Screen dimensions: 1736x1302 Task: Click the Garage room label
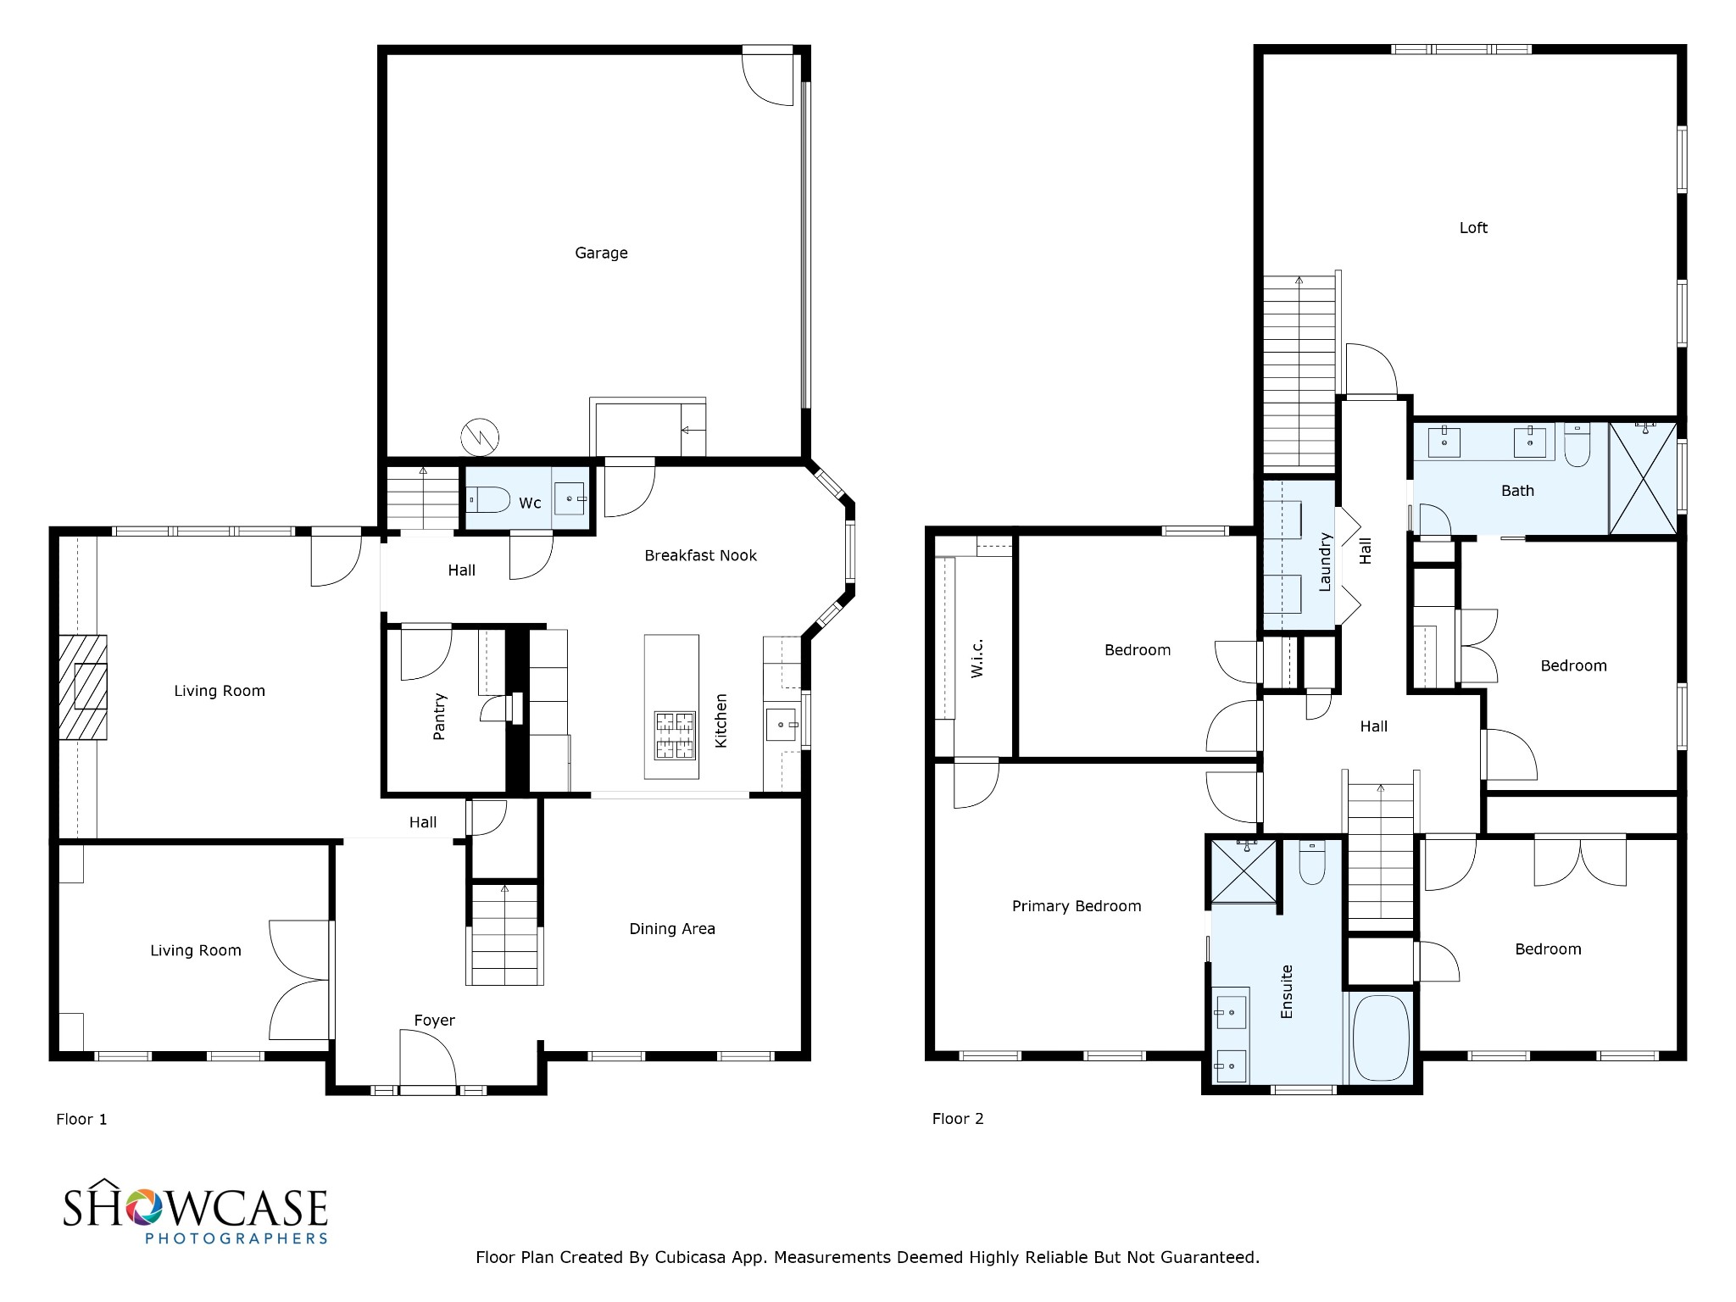click(x=601, y=253)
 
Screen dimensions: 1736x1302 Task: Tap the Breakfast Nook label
click(x=700, y=555)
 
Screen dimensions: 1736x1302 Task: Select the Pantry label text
click(x=439, y=716)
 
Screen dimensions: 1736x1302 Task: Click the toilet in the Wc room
click(x=489, y=500)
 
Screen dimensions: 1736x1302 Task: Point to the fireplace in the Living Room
click(x=83, y=687)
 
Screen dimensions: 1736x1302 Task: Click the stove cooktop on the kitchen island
click(x=674, y=735)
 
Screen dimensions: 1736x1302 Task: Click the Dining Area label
click(x=672, y=929)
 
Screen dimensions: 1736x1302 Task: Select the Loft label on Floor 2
click(x=1473, y=227)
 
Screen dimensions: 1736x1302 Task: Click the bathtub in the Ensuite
click(x=1381, y=1038)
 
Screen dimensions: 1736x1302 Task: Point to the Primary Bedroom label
click(x=1077, y=906)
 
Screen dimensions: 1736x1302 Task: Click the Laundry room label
click(x=1326, y=561)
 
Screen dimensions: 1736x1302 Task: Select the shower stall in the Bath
click(x=1643, y=478)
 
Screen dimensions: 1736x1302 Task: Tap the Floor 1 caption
click(x=81, y=1119)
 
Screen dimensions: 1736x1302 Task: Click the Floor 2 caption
click(x=958, y=1118)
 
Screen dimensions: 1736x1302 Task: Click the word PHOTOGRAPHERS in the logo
click(x=236, y=1238)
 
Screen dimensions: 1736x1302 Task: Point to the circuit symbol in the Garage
click(x=480, y=437)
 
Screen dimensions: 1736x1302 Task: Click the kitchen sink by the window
click(x=782, y=726)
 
